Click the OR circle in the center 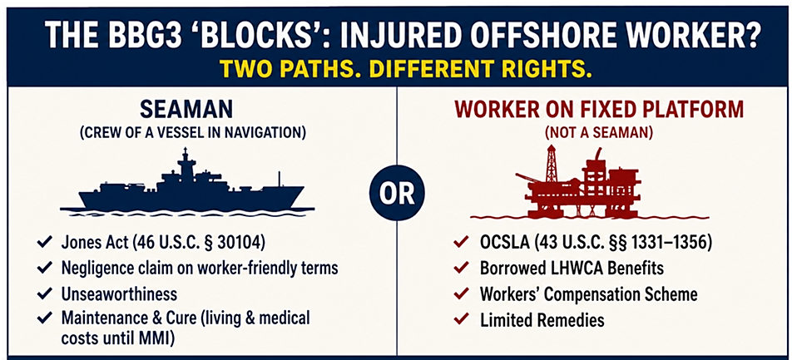[x=397, y=194]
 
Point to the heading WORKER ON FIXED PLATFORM [x=595, y=110]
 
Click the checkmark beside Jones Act [x=43, y=244]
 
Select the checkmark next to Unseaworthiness [x=43, y=293]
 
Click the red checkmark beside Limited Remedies [x=460, y=319]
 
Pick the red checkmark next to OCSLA [x=460, y=244]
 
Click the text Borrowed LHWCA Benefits [x=572, y=269]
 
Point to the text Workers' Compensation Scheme [x=589, y=293]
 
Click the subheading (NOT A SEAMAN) [x=594, y=133]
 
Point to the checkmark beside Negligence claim [x=43, y=269]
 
